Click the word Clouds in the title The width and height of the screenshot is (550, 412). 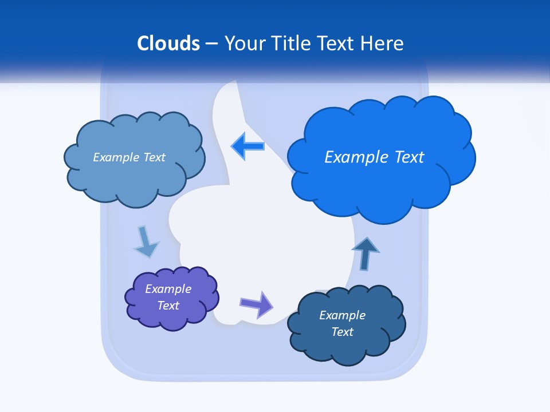coord(168,43)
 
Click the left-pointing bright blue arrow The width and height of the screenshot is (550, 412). coord(248,146)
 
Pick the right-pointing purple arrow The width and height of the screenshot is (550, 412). coord(257,304)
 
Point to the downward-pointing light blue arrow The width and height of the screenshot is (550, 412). coord(146,243)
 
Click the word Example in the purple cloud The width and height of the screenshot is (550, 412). coord(168,289)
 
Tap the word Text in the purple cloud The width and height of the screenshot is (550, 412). coord(168,306)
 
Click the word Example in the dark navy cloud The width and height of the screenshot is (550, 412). coord(343,315)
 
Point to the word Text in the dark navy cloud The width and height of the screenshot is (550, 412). coord(343,332)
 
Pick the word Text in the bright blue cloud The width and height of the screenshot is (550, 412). coord(409,157)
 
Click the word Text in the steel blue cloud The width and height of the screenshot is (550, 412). coord(154,157)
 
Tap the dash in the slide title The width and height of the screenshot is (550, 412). coord(211,44)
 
